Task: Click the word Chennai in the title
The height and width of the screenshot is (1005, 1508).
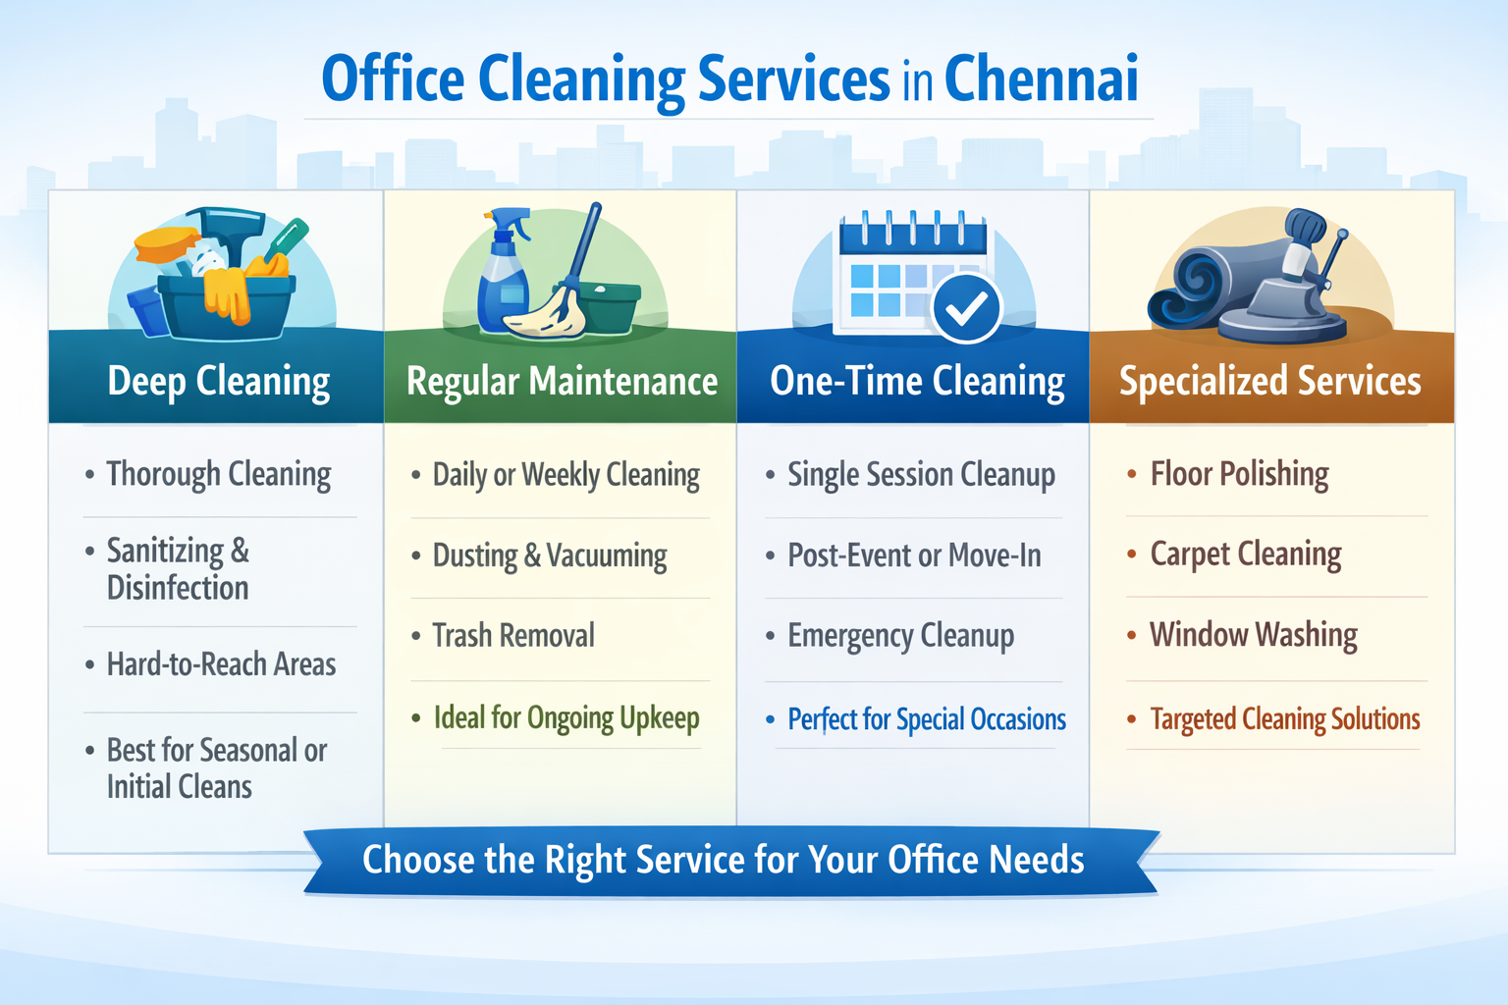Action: point(1041,80)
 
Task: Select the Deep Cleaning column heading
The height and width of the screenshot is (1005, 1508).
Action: point(218,382)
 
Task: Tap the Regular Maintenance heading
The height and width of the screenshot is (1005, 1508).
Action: point(562,382)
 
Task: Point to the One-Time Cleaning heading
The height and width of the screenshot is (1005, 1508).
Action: point(917,382)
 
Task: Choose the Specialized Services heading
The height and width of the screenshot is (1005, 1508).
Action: point(1269,382)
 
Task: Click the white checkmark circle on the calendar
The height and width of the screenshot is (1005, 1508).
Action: point(966,308)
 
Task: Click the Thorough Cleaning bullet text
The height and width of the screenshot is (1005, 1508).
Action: point(218,475)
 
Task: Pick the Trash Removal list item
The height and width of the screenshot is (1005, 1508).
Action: point(513,636)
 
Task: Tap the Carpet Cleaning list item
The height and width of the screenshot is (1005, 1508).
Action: point(1245,555)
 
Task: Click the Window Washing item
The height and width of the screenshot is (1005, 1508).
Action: point(1253,635)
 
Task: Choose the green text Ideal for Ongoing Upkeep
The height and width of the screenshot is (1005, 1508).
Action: point(566,718)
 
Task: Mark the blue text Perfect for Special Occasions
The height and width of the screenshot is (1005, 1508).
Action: point(926,719)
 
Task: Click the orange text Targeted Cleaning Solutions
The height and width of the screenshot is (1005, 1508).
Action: point(1284,719)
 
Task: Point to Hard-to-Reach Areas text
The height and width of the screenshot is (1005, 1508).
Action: point(221,665)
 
